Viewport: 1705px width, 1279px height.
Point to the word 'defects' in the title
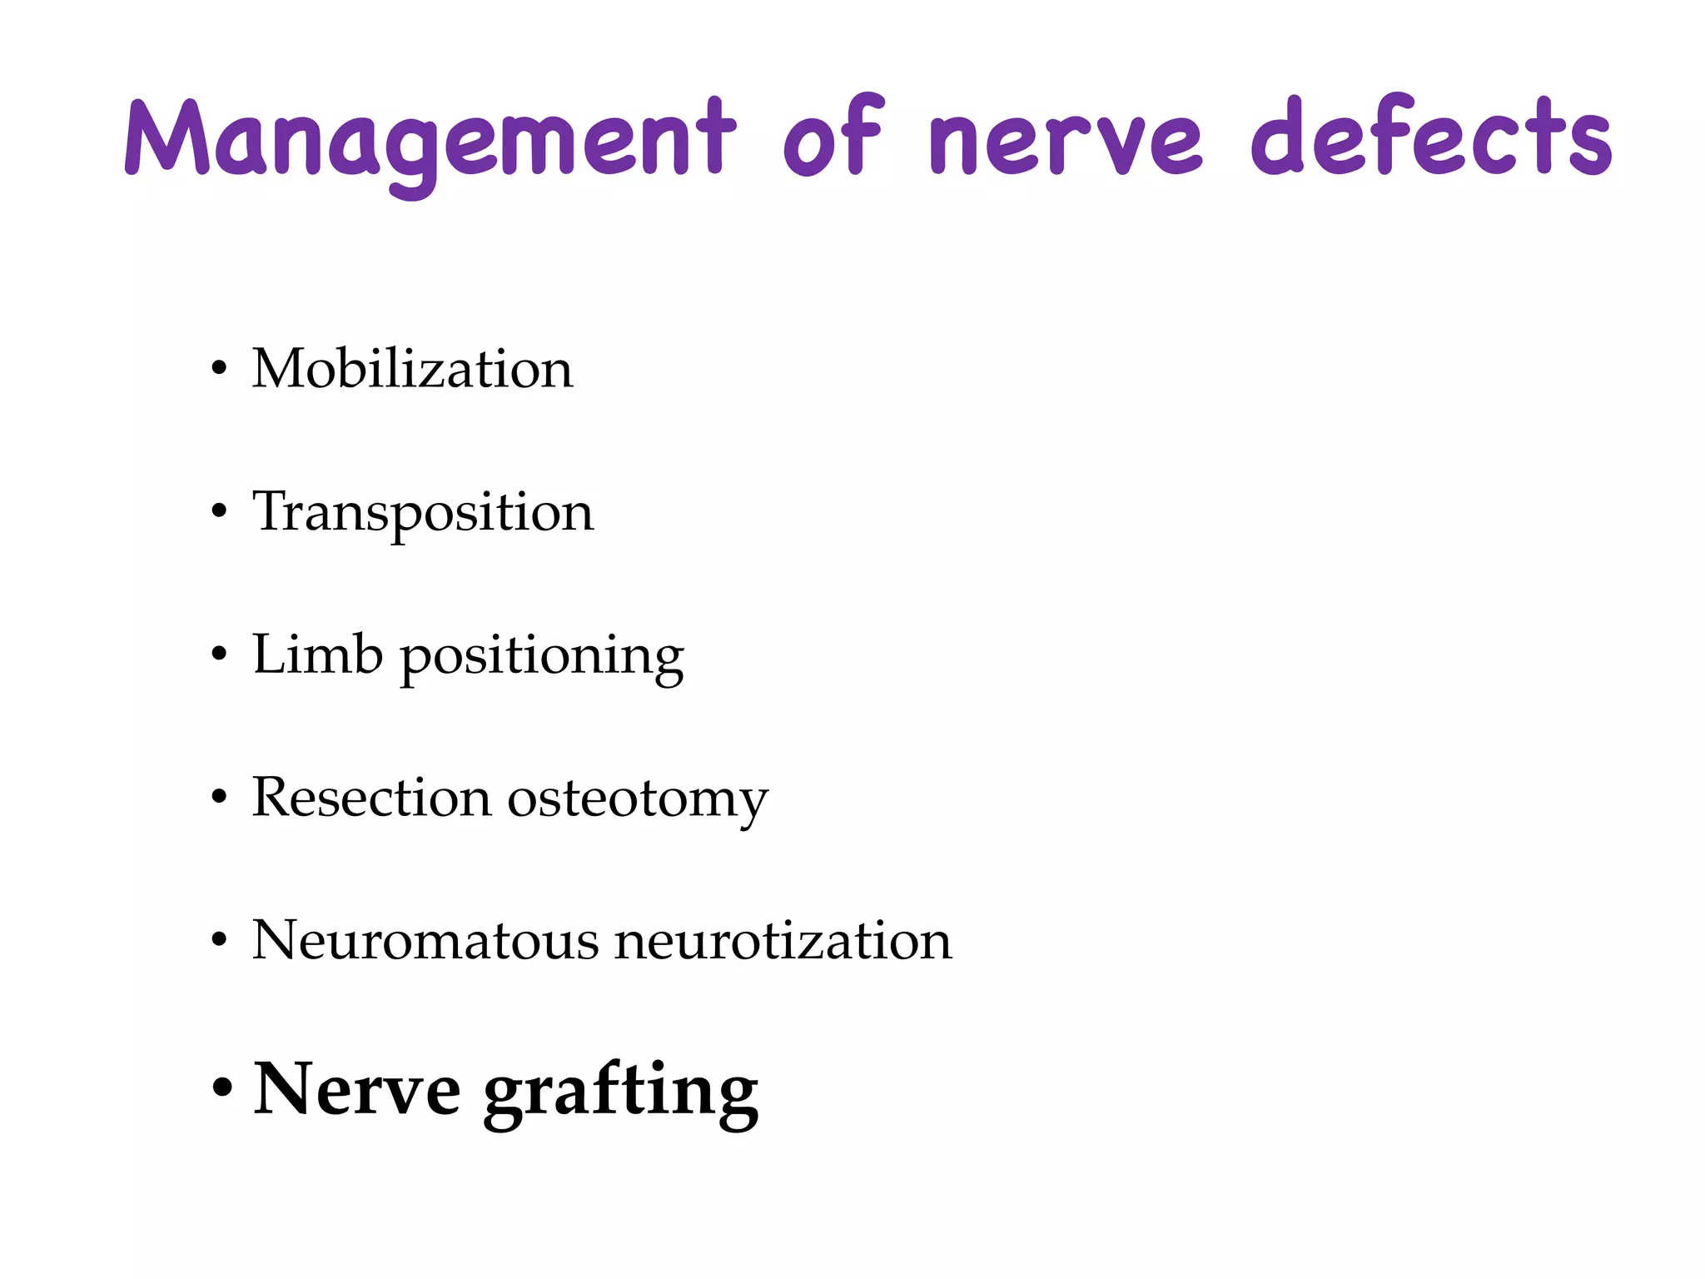(1431, 137)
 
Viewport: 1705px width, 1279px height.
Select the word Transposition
(423, 513)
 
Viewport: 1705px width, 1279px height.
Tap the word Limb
(317, 654)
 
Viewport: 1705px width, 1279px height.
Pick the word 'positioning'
(543, 658)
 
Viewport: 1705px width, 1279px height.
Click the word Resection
(371, 798)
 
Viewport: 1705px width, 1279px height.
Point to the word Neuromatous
(425, 941)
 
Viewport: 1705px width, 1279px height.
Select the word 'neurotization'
(783, 941)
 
